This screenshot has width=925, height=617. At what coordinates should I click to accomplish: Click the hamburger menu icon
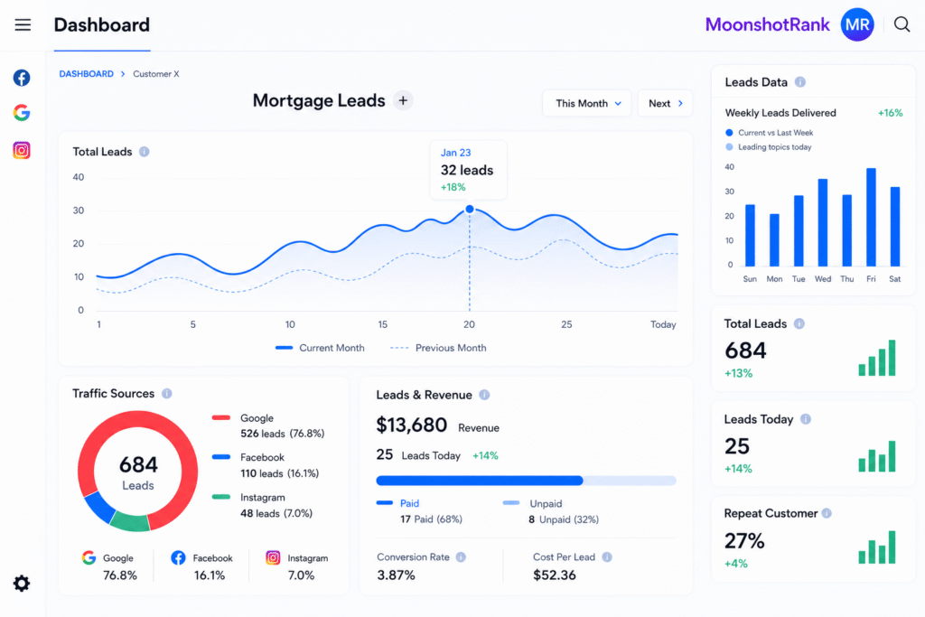[x=23, y=24]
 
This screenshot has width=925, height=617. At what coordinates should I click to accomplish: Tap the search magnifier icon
[x=902, y=24]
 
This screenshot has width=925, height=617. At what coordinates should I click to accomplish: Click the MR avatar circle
[x=857, y=24]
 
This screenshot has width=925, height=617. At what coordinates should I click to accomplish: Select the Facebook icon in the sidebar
[x=22, y=78]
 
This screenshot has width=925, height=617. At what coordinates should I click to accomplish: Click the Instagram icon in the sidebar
[x=22, y=151]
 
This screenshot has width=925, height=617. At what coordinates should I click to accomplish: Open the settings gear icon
[x=22, y=584]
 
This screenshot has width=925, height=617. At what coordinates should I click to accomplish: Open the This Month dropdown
[x=587, y=103]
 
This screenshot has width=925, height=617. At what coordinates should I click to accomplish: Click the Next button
[x=665, y=103]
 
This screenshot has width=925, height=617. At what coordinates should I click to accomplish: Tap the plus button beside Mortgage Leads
[x=403, y=101]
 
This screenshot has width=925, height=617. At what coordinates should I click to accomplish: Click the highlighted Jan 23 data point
[x=470, y=209]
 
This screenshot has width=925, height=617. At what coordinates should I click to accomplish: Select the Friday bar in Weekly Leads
[x=871, y=217]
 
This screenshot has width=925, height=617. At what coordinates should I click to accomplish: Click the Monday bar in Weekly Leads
[x=774, y=240]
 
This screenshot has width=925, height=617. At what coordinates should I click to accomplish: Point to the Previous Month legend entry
[x=438, y=348]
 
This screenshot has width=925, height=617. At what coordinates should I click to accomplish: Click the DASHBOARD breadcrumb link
[x=86, y=74]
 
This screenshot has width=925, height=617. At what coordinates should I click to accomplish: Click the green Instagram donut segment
[x=130, y=522]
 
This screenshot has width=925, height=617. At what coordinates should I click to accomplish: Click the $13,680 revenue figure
[x=412, y=425]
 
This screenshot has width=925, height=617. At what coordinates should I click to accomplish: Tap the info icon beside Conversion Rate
[x=461, y=556]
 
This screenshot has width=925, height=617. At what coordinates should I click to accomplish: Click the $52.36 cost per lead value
[x=555, y=575]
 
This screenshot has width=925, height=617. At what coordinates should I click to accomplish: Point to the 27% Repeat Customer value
[x=744, y=540]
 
